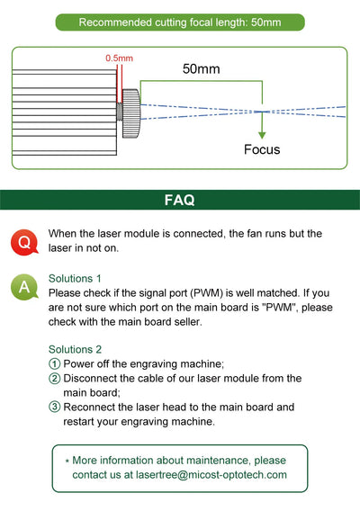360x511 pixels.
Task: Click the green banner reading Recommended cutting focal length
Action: (180, 22)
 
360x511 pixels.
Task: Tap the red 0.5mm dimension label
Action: (119, 58)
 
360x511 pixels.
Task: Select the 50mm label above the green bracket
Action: (202, 68)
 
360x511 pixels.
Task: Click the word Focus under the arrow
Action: (262, 149)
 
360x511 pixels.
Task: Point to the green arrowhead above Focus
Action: (262, 135)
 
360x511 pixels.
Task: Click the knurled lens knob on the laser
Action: (131, 113)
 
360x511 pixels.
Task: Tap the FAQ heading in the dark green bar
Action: (180, 200)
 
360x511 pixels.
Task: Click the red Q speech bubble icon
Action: (24, 242)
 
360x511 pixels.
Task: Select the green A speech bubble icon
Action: (24, 287)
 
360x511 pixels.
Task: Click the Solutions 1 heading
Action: (75, 279)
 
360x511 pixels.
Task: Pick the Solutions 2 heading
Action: (75, 349)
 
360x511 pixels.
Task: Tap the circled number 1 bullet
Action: (55, 363)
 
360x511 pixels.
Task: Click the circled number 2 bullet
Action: (55, 378)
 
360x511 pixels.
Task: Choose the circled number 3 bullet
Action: (55, 407)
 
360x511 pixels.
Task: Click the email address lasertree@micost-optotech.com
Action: (211, 475)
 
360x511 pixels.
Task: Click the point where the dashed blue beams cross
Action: (262, 112)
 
